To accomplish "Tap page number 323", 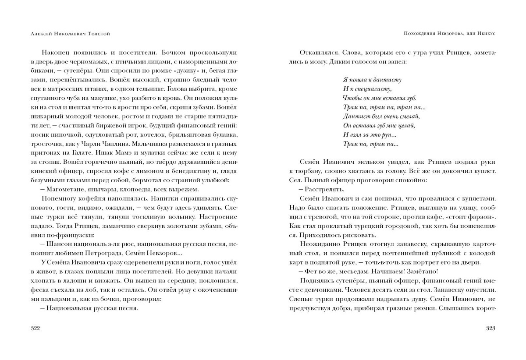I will (x=492, y=328).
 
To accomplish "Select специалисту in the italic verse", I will (x=370, y=89).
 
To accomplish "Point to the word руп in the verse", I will (x=388, y=135).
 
